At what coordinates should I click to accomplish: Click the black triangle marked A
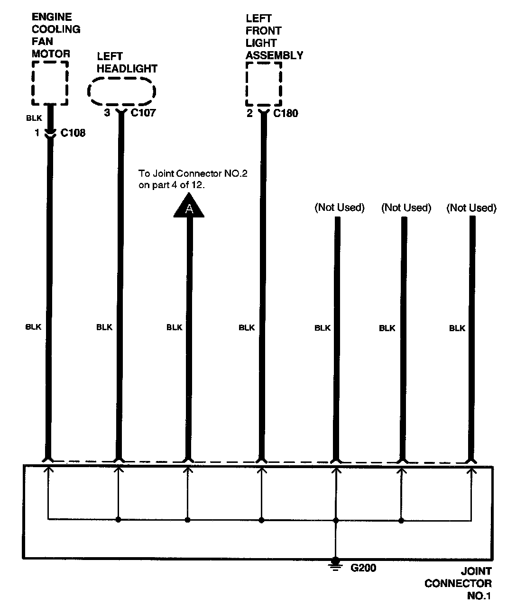point(189,208)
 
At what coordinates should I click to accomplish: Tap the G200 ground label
point(363,568)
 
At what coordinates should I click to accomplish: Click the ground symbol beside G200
point(336,564)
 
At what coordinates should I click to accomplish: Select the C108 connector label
point(73,133)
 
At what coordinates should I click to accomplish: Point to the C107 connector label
point(143,113)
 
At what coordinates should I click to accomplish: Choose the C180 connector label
point(286,113)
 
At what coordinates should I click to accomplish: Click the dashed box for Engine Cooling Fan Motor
point(50,83)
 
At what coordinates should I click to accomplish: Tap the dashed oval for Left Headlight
point(122,92)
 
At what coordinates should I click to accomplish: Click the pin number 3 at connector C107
point(107,113)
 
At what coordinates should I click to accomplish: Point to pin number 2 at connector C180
point(249,113)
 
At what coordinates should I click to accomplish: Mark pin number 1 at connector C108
point(37,133)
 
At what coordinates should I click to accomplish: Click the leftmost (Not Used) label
point(340,208)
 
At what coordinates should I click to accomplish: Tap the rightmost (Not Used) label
point(471,208)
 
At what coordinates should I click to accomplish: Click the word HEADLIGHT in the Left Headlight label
point(127,69)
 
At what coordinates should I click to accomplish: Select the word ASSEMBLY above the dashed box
point(274,55)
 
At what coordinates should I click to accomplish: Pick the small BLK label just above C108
point(34,118)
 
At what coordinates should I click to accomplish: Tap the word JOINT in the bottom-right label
point(476,571)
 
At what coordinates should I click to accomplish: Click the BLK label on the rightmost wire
point(457,328)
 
